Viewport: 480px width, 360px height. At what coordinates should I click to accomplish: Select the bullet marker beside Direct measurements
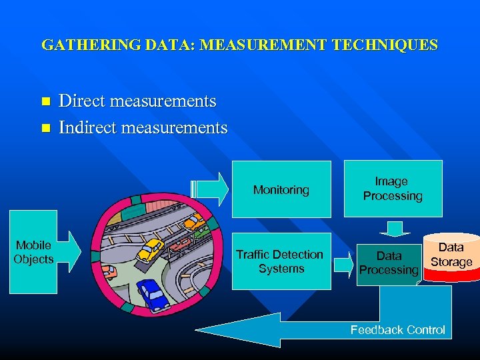[45, 102]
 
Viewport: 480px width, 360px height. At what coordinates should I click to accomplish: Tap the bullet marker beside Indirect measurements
[45, 127]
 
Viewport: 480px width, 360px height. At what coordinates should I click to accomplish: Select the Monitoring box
[281, 189]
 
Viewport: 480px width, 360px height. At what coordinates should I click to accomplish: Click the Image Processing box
[393, 189]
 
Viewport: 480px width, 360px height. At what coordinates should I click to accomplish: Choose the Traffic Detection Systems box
[281, 261]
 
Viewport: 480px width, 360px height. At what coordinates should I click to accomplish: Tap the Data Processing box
[389, 263]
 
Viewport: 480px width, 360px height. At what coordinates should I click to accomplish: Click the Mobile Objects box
[33, 252]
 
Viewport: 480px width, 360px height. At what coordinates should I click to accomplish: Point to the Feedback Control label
[398, 329]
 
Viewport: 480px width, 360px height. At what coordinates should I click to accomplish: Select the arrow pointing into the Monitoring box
[212, 189]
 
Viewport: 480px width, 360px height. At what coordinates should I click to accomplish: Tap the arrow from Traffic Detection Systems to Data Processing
[343, 263]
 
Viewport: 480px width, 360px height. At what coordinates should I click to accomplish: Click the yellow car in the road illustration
[151, 249]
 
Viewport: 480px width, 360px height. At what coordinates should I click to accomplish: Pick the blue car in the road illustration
[153, 294]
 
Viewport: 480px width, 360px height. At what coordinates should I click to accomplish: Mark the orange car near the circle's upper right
[193, 222]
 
